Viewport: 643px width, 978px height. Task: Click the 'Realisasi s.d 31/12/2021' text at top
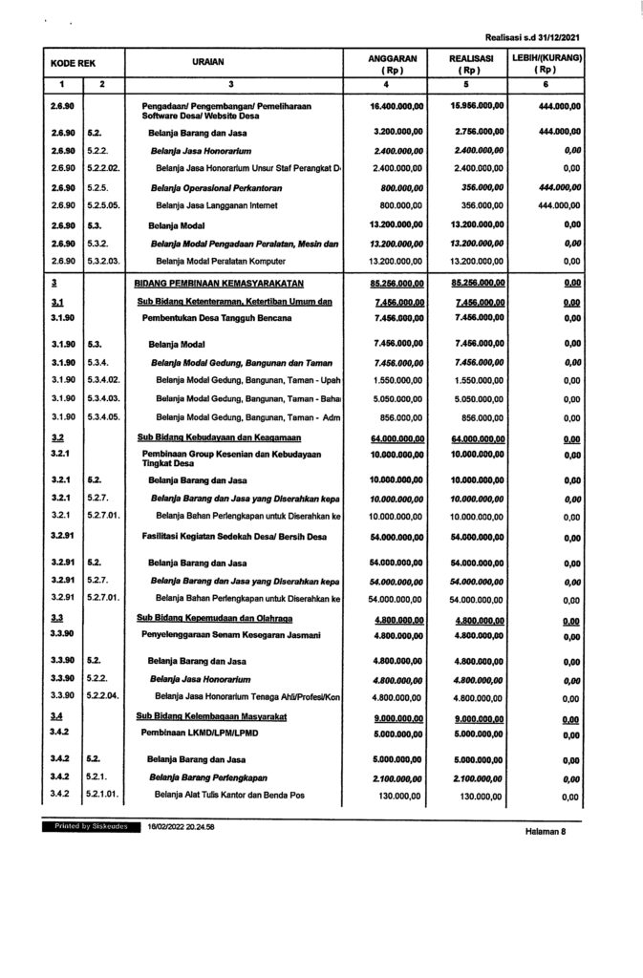point(533,36)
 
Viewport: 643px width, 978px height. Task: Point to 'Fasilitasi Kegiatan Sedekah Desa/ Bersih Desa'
point(234,537)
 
